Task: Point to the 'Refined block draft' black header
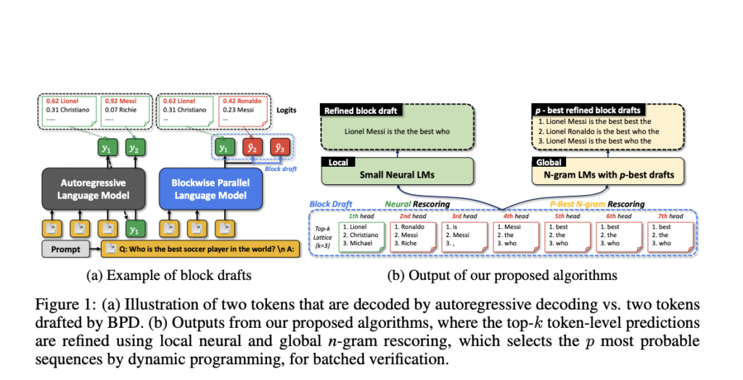click(x=360, y=111)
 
